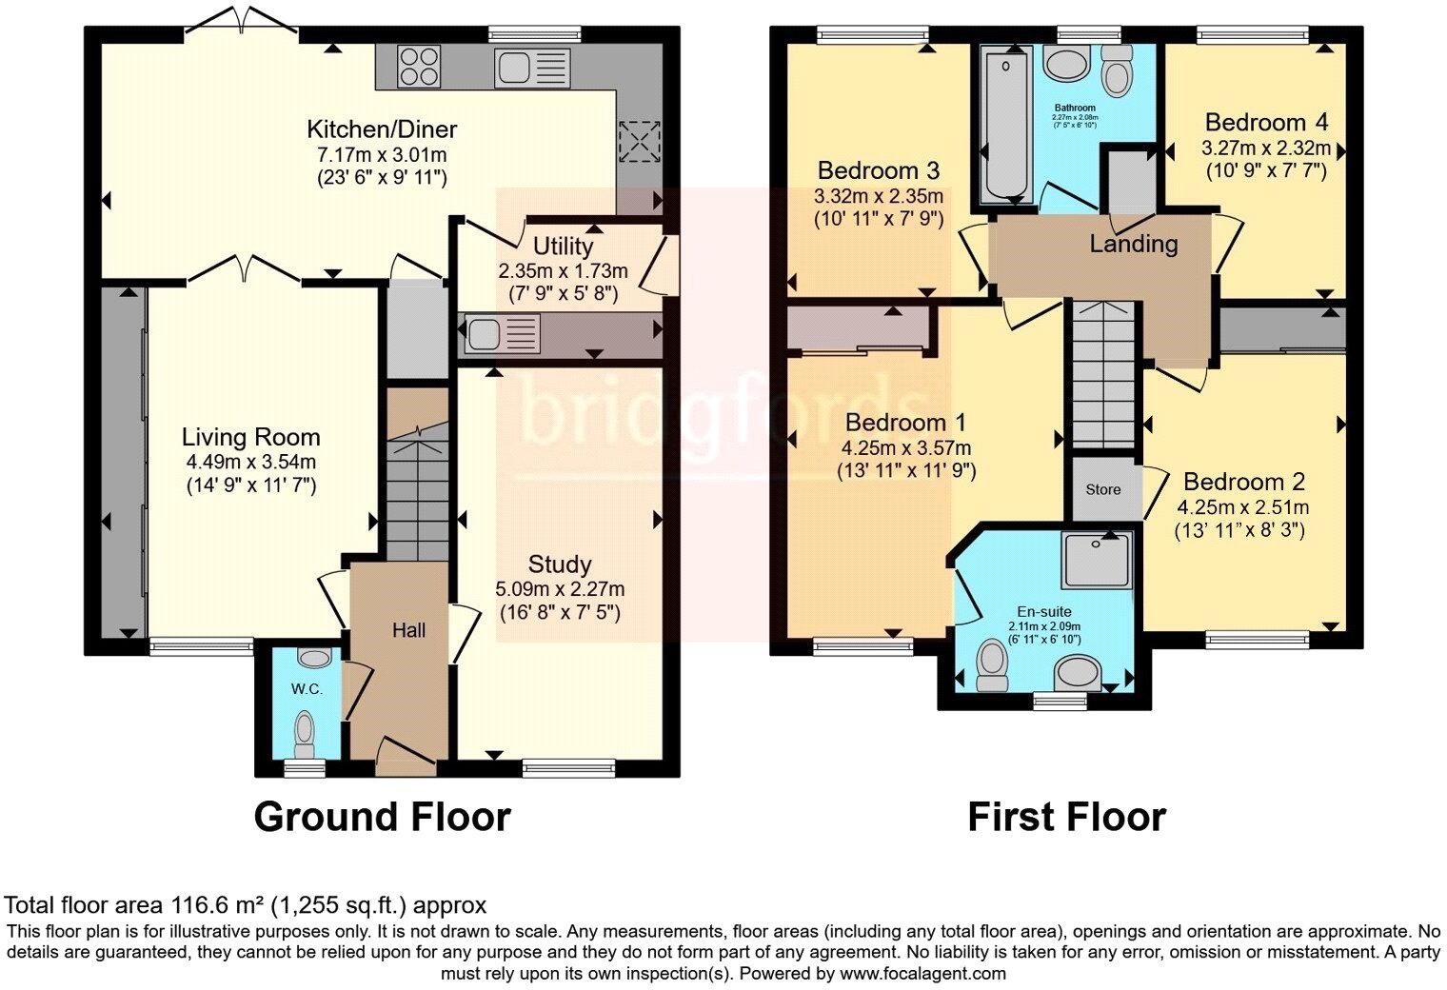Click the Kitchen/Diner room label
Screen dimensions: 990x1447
pos(382,129)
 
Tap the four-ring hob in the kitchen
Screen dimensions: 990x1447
pos(420,67)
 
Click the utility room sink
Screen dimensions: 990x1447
pos(484,334)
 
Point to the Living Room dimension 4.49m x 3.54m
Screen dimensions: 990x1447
pos(250,463)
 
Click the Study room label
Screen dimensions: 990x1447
pos(560,564)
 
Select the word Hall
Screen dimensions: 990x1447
pos(408,630)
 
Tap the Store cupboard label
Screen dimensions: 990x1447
pos(1103,489)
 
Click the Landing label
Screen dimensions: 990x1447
pos(1133,245)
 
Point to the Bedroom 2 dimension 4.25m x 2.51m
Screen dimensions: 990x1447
pos(1242,507)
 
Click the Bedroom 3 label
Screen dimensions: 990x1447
pos(879,171)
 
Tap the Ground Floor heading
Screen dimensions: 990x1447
pos(382,817)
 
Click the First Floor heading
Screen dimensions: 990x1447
pos(1066,817)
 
